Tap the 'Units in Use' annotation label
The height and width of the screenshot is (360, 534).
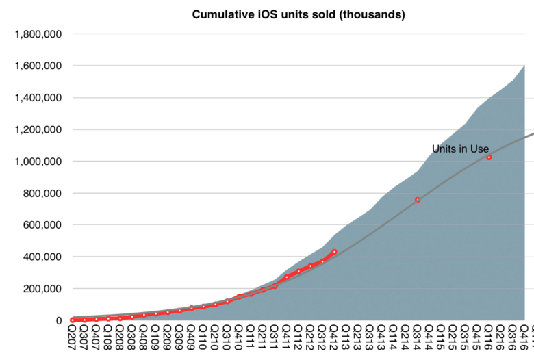click(460, 149)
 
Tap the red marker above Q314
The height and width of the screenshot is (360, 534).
click(418, 200)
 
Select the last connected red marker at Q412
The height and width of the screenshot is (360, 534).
click(334, 252)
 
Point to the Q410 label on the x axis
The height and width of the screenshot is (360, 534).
click(239, 339)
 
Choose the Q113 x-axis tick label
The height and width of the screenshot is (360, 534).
click(346, 339)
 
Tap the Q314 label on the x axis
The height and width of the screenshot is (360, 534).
click(418, 339)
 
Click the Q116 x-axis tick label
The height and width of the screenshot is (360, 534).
click(489, 339)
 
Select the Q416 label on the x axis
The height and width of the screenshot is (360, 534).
click(524, 339)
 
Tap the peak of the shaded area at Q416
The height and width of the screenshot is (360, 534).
click(524, 66)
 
